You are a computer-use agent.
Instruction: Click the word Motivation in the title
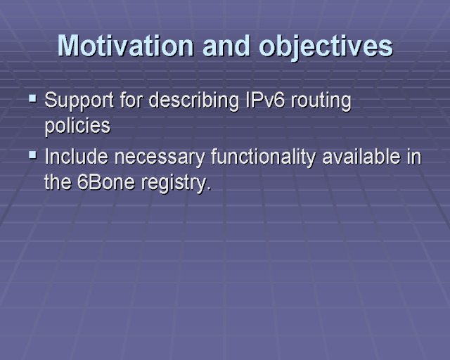click(126, 46)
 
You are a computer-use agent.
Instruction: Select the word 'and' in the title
click(226, 46)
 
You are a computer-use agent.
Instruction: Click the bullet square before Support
click(33, 99)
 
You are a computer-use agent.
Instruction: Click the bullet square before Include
click(33, 155)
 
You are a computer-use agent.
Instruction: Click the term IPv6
click(266, 100)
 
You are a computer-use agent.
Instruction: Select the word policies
click(77, 127)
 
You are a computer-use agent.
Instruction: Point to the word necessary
click(160, 158)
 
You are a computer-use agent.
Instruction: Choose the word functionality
click(263, 158)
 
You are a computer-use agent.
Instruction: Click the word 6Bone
click(106, 182)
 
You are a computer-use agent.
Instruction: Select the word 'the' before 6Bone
click(58, 182)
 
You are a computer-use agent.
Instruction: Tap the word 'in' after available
click(414, 157)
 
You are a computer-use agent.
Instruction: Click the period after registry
click(209, 188)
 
